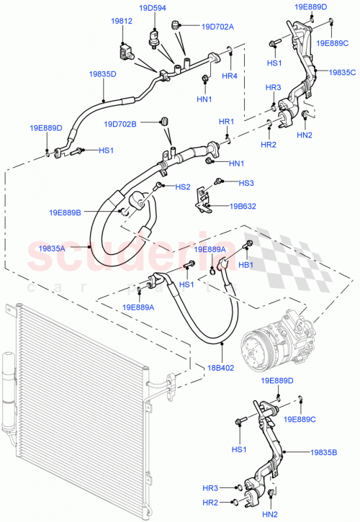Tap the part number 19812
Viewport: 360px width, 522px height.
click(122, 22)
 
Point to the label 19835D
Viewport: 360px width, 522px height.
click(103, 74)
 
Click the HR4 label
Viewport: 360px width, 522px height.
click(230, 76)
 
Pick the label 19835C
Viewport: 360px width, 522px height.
click(343, 72)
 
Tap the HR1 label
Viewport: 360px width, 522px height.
click(227, 122)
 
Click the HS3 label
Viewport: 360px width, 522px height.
click(246, 183)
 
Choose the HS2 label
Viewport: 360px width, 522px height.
click(183, 187)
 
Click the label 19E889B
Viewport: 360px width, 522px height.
click(66, 212)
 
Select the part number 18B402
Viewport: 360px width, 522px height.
click(222, 366)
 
